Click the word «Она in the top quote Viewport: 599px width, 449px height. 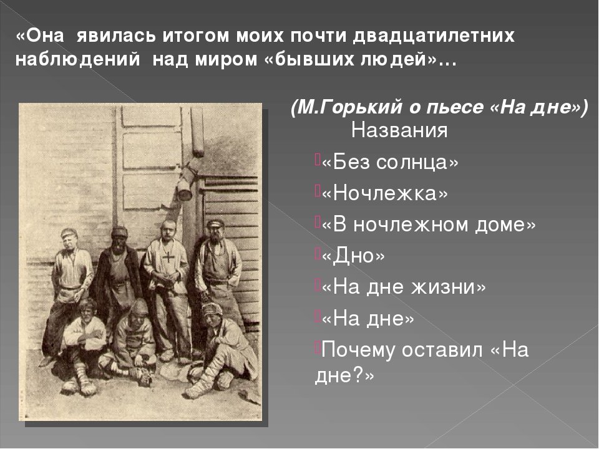40,36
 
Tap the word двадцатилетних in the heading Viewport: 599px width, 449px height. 433,37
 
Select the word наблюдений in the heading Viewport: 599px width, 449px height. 78,60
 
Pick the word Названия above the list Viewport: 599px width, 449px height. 399,130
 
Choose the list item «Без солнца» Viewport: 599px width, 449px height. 390,162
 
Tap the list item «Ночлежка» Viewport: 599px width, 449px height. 385,193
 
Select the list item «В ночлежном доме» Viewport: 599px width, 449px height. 429,224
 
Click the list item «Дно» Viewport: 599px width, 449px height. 353,256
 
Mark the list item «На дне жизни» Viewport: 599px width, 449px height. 404,287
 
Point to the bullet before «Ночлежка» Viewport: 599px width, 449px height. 318,191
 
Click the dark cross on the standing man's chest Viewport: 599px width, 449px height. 168,256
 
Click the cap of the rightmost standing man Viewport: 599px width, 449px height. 215,223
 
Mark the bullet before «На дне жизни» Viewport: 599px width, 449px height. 318,285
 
